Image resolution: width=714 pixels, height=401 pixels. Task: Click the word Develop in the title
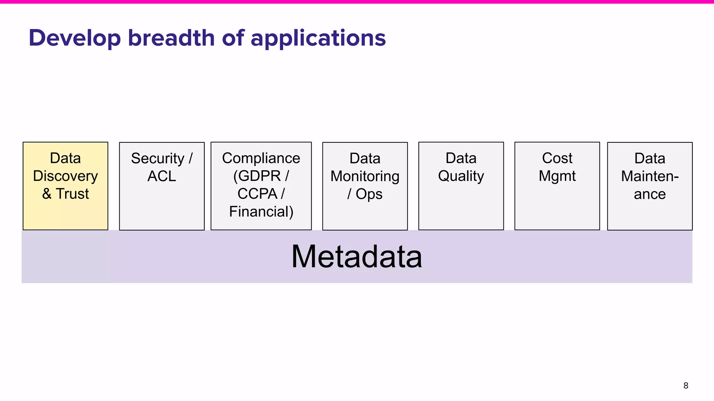75,38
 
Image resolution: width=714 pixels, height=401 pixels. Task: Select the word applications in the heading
318,38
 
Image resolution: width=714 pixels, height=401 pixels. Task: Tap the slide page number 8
685,385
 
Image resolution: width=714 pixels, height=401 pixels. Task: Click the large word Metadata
357,257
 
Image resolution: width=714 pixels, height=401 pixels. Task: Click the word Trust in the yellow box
73,194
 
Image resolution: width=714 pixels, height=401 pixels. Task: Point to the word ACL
161,176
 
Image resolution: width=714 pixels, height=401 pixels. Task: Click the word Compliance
261,158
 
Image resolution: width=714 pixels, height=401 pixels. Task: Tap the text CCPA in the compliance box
257,194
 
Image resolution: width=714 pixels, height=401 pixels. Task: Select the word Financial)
261,212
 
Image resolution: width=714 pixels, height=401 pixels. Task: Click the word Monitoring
365,176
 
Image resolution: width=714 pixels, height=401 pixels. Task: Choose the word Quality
461,176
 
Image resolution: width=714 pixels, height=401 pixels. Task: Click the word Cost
557,158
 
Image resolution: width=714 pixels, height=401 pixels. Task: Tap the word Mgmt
557,176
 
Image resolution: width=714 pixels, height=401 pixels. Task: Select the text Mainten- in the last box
650,176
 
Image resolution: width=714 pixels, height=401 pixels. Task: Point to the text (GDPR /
261,176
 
